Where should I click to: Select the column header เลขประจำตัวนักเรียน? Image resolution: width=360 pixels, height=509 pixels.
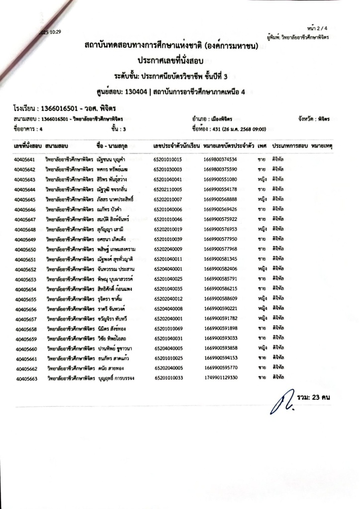tap(177, 147)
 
